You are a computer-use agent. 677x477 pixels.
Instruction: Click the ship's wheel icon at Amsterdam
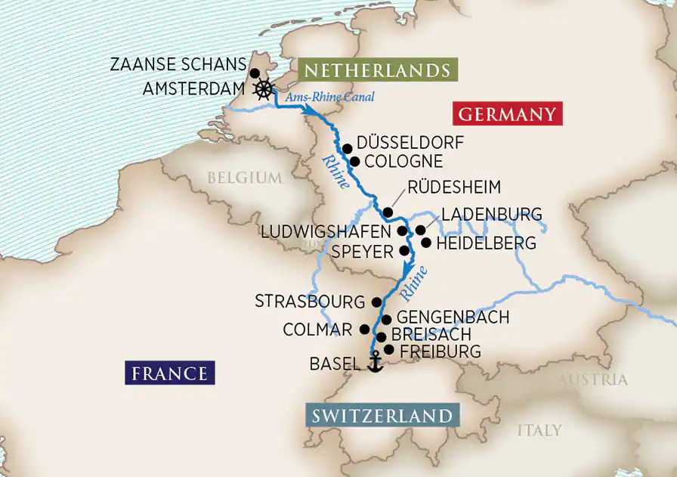coord(263,89)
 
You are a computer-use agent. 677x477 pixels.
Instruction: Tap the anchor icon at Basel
coord(374,364)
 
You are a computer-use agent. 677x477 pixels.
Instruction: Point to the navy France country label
coord(170,373)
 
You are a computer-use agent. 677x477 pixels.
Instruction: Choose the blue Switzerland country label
coord(382,416)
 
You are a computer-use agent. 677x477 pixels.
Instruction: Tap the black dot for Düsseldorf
coord(347,148)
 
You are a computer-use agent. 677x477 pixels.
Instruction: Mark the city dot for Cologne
coord(354,161)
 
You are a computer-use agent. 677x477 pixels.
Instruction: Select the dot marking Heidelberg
coord(426,243)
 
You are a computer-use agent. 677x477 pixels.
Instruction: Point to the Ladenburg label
coord(492,215)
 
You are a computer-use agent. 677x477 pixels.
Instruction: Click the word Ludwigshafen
coord(326,231)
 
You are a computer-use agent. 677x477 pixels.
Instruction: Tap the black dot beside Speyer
coord(403,250)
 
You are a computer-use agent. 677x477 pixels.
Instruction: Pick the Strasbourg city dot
coord(376,302)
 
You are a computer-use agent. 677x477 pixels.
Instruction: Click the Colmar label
coord(317,330)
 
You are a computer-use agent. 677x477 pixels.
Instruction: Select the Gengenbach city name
coord(453,317)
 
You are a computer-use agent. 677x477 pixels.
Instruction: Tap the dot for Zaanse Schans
coord(255,73)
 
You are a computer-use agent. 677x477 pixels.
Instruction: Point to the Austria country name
coord(592,379)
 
